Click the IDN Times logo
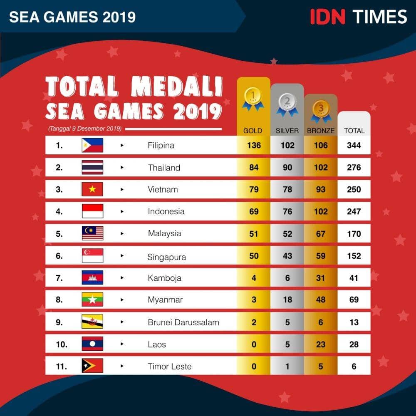358,17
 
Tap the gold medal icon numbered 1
253,98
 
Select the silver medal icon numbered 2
287,104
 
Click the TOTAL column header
354,131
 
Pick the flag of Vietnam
92,189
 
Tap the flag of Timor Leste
92,366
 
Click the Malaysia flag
92,233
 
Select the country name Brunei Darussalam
183,322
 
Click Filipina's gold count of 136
253,146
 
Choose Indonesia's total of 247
354,211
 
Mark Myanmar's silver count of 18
287,300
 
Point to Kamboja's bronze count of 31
321,278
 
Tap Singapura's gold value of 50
254,256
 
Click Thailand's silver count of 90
287,168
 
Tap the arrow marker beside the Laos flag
122,344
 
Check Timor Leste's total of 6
354,366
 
